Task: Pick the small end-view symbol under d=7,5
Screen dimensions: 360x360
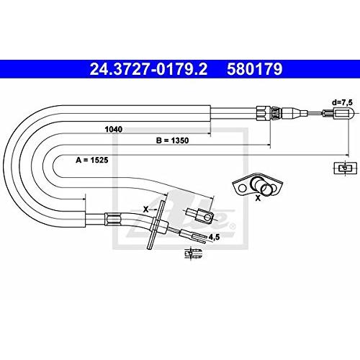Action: pos(345,168)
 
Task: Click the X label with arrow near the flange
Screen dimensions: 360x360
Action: pos(146,209)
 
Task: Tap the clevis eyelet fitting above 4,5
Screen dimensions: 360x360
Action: pos(200,215)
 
